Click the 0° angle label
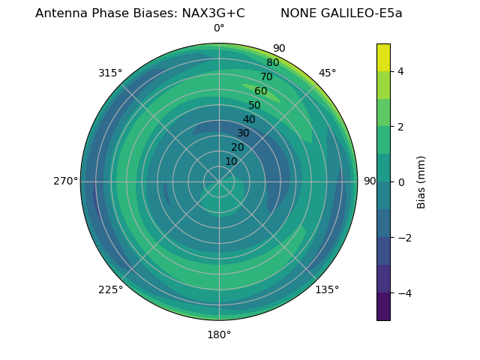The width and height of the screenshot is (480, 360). tap(219, 28)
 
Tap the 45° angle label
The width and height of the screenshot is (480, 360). tap(327, 73)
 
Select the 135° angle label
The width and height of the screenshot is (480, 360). tap(327, 289)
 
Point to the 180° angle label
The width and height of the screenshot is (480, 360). tap(219, 334)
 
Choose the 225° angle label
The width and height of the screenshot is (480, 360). tap(110, 290)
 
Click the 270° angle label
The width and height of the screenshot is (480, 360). tap(66, 181)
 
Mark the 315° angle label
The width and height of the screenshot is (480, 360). tap(110, 73)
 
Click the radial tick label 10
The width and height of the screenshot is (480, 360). tap(231, 161)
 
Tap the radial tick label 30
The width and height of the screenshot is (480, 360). tap(243, 133)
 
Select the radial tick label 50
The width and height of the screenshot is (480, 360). tap(254, 105)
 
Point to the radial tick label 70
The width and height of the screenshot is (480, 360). tap(266, 77)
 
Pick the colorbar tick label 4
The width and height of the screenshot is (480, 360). tap(400, 71)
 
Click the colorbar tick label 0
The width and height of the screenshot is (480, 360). tap(400, 181)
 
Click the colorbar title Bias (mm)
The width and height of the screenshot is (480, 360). tap(421, 181)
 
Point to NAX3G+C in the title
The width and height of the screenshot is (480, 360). tap(213, 13)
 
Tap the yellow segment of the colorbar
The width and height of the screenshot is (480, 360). tap(383, 57)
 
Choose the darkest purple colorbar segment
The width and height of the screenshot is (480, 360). tap(383, 306)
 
